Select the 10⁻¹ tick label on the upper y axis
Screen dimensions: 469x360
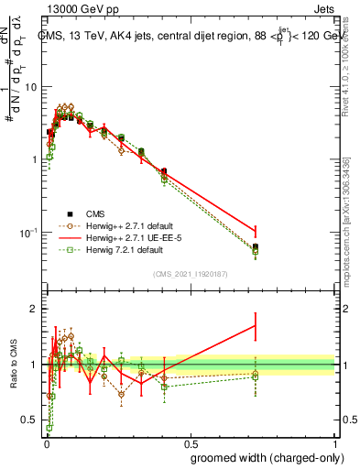tap(27, 232)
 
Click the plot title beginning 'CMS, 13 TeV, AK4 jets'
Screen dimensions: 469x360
tap(183, 37)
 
